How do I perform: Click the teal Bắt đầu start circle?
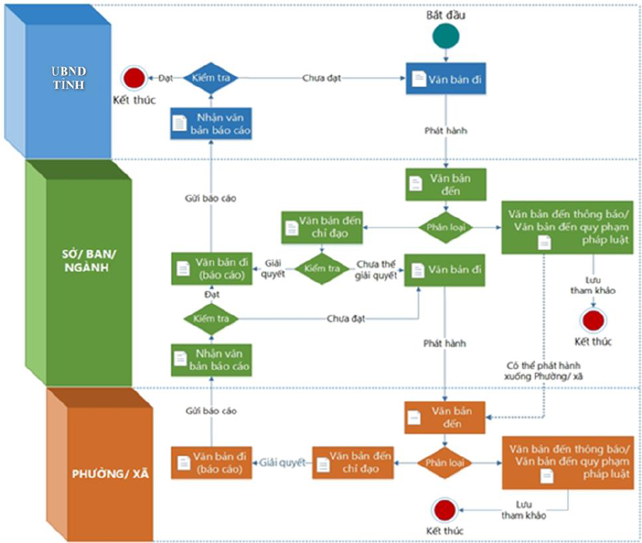tap(446, 36)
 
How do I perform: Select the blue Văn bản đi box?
tap(446, 78)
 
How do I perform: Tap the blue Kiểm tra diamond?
tap(211, 78)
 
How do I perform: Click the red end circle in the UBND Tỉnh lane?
tap(134, 78)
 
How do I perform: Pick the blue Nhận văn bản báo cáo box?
tap(211, 123)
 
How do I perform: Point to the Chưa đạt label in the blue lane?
tap(322, 78)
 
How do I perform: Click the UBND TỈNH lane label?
tap(69, 78)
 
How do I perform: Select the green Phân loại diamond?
tap(445, 227)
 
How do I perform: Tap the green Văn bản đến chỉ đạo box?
tap(322, 228)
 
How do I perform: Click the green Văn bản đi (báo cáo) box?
tap(211, 269)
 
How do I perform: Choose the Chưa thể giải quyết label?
tap(376, 270)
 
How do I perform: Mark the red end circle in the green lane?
tap(593, 320)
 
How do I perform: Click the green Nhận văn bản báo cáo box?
tap(211, 360)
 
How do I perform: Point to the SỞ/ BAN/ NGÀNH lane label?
tap(88, 260)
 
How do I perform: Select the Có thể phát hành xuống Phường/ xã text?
tap(543, 370)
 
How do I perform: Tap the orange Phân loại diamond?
tap(445, 462)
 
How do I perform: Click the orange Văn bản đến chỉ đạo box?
tap(353, 462)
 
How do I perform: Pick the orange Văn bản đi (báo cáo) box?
tap(211, 462)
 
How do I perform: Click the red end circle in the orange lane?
tap(445, 510)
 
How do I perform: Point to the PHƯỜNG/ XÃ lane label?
tap(110, 474)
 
